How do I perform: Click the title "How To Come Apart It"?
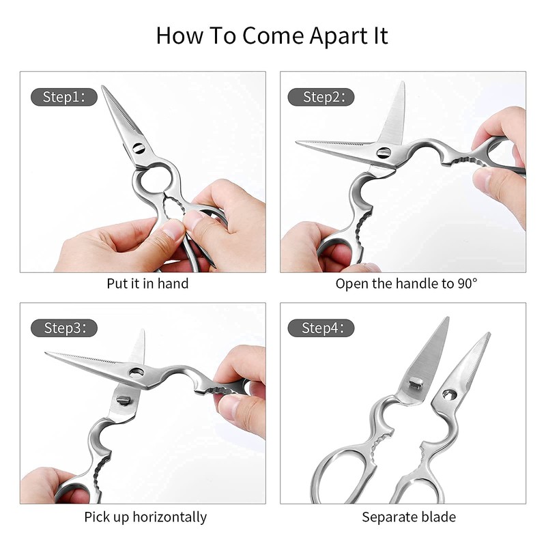click(272, 35)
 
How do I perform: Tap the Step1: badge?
click(64, 97)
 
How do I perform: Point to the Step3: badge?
click(64, 328)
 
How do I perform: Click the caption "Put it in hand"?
click(147, 283)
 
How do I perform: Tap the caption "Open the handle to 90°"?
click(407, 283)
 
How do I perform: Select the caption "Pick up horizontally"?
click(145, 517)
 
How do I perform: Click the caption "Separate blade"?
click(409, 517)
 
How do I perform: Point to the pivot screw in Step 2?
click(384, 153)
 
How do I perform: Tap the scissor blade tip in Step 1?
click(104, 88)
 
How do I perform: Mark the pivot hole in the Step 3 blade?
click(136, 372)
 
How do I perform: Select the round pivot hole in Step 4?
click(449, 394)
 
